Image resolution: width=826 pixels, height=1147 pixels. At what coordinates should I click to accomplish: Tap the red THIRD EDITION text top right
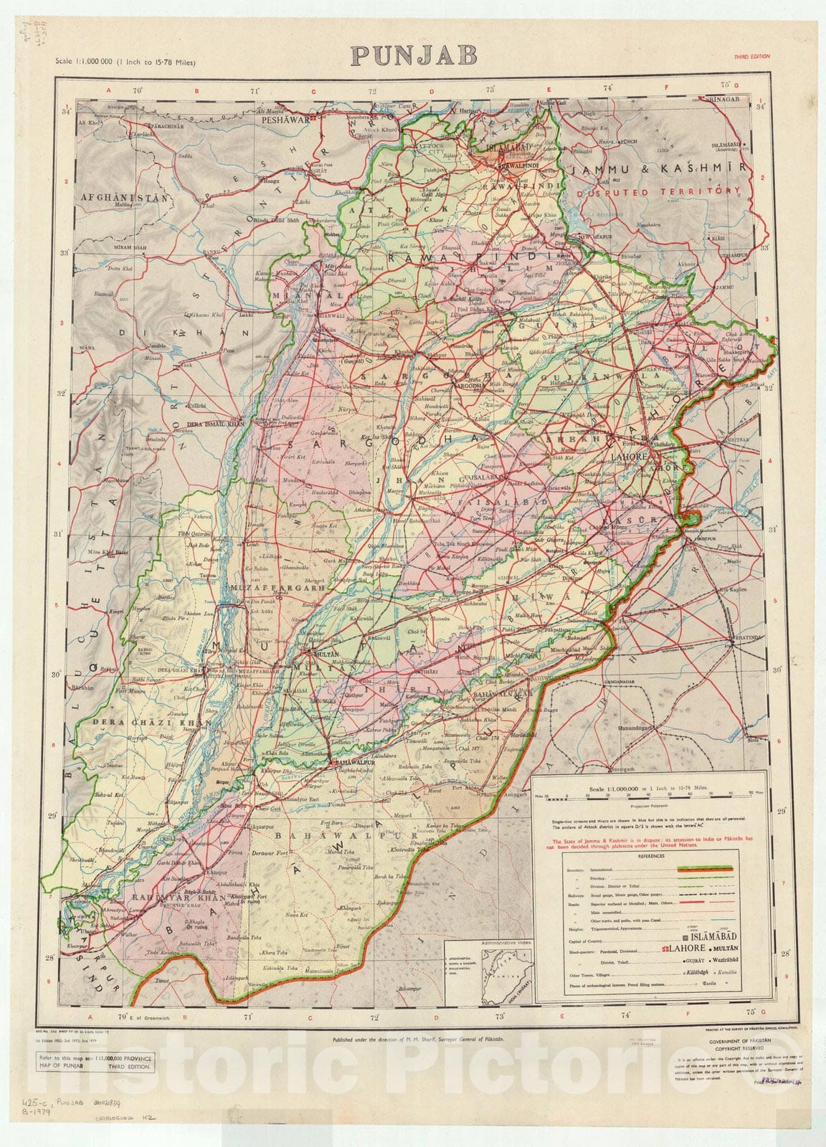point(754,56)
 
